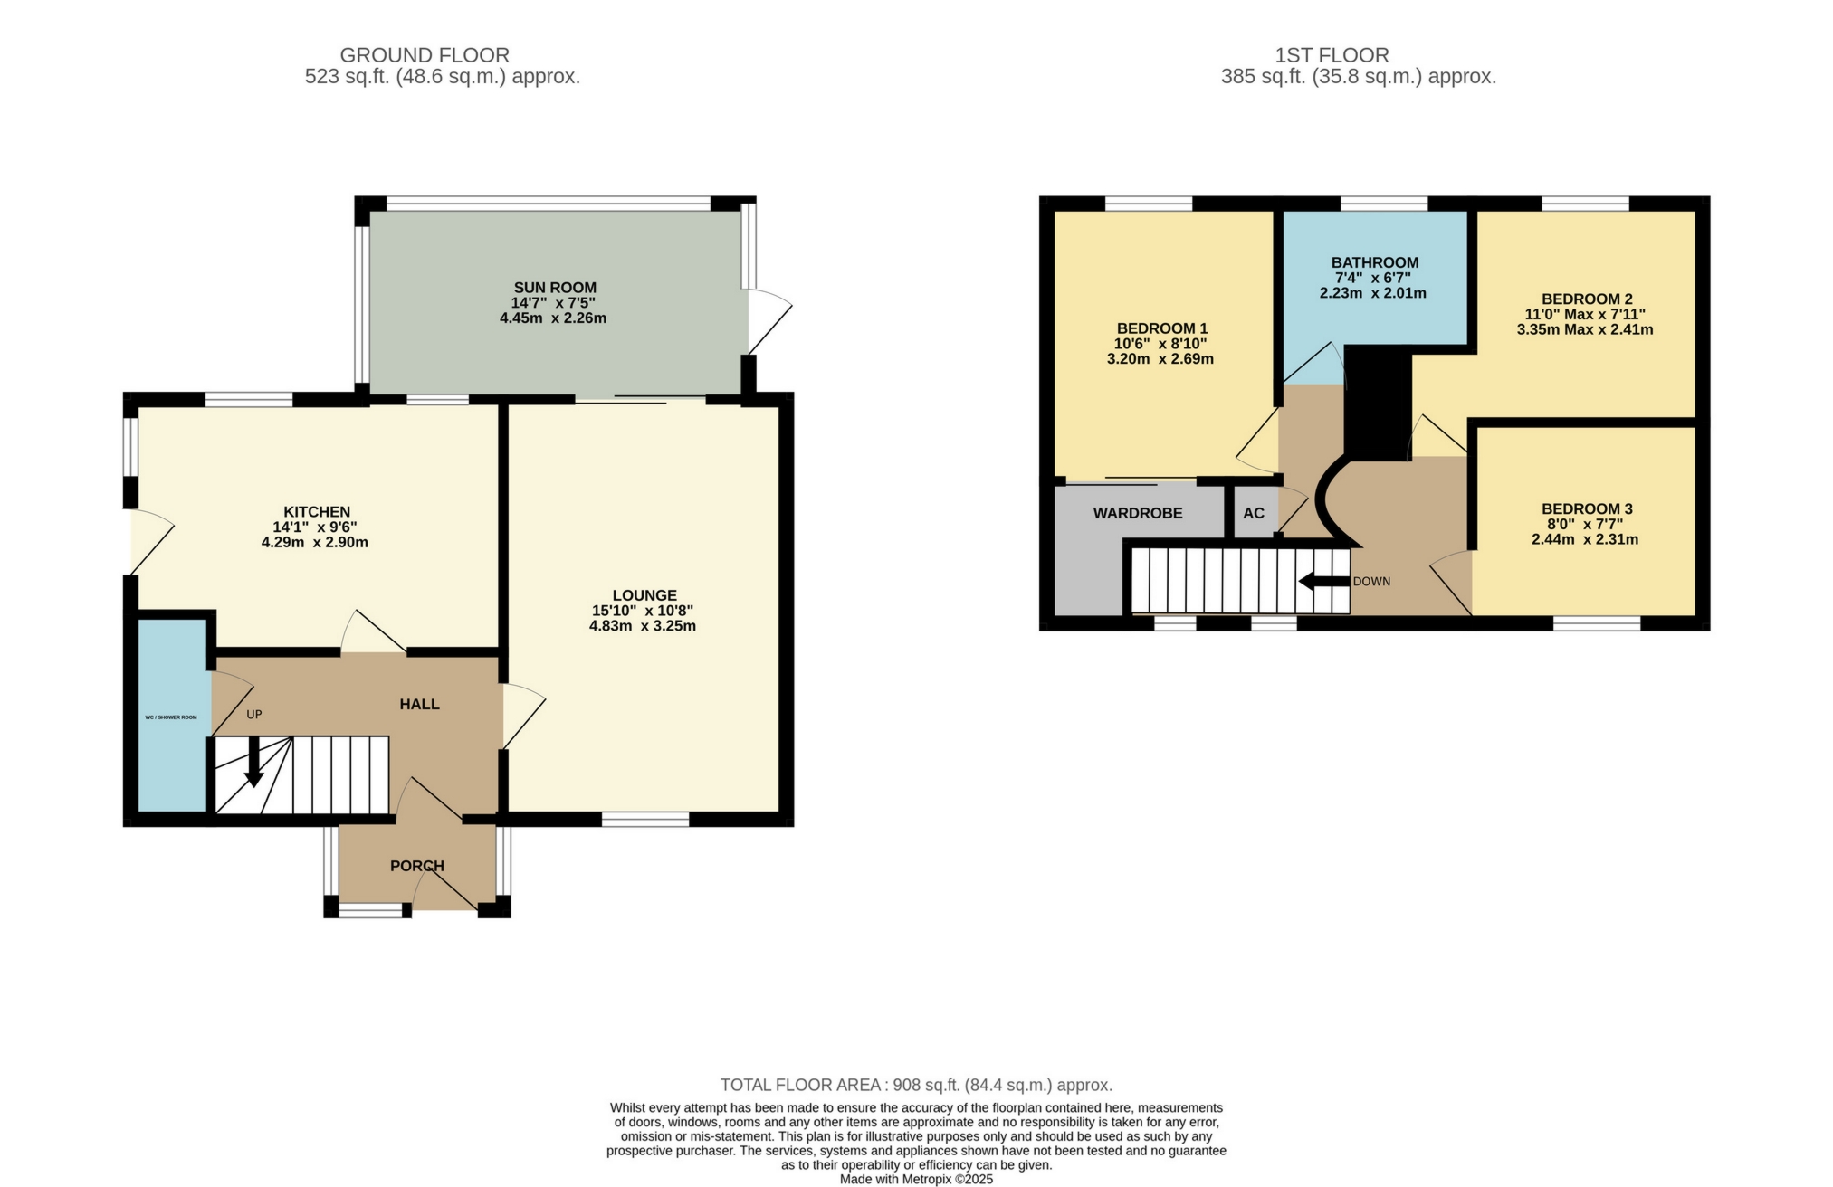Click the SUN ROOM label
(x=555, y=288)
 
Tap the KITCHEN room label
(x=317, y=512)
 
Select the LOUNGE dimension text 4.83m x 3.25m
(x=644, y=626)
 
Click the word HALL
(x=420, y=704)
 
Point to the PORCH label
(x=417, y=866)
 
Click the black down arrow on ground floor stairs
(x=254, y=762)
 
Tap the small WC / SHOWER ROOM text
(x=171, y=717)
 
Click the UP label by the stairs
(x=254, y=715)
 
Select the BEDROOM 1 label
(x=1162, y=328)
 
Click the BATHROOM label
(x=1375, y=263)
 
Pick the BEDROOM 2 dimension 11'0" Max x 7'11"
(x=1585, y=315)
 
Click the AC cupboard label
(x=1253, y=514)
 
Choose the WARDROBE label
(x=1138, y=514)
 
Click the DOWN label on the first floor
(x=1371, y=582)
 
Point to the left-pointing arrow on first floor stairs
(x=1322, y=582)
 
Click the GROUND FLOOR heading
(x=425, y=55)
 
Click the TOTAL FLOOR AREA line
(x=916, y=1085)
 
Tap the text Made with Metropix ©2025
(x=916, y=1180)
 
